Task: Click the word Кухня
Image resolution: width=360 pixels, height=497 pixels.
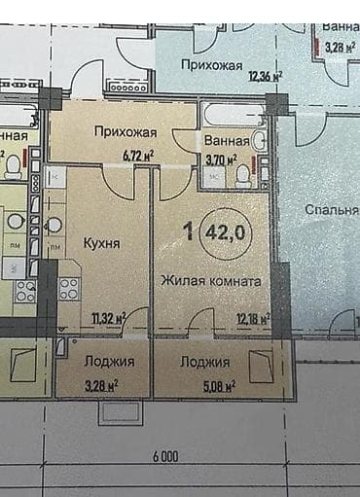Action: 101,244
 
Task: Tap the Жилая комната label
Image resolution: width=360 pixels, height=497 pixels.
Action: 210,280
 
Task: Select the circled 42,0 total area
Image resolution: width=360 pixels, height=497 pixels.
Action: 224,232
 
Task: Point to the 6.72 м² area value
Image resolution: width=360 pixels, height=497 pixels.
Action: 139,154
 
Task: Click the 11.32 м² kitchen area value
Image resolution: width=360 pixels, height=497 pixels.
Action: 108,317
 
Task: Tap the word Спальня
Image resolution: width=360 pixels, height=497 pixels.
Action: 331,210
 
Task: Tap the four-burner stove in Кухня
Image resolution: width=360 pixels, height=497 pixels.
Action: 69,288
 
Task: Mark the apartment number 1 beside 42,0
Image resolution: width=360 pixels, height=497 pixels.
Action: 187,231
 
